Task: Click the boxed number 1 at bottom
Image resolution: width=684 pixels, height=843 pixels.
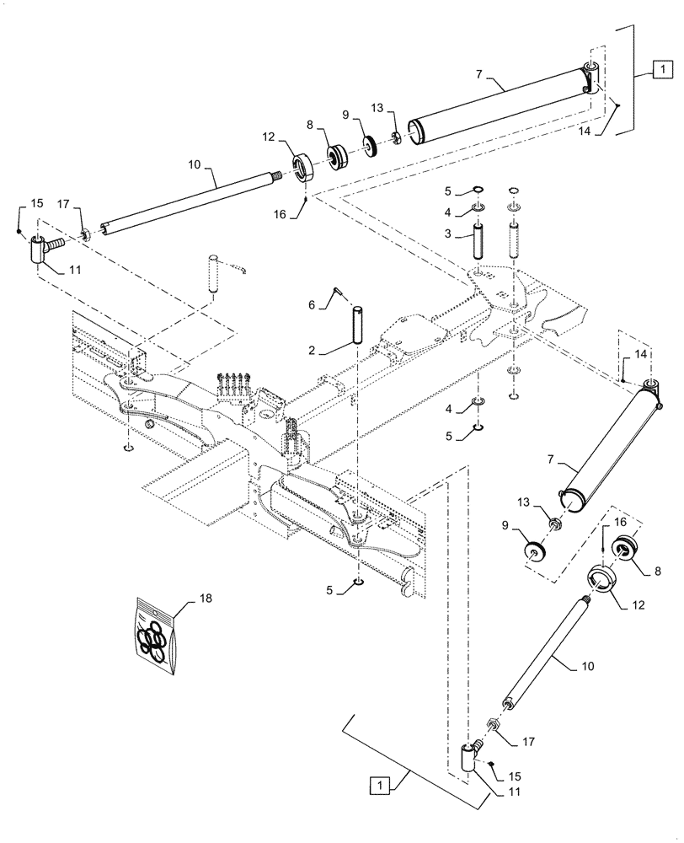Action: point(381,786)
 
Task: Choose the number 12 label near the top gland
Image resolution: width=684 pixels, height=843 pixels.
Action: point(269,135)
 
